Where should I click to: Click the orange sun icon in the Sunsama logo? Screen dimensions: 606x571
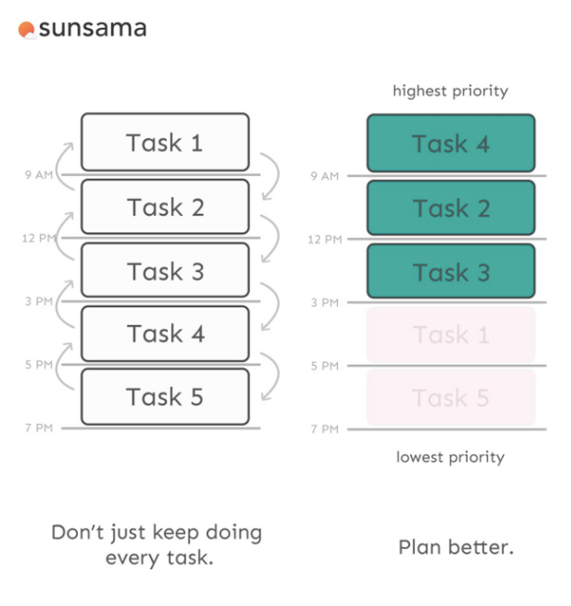click(26, 30)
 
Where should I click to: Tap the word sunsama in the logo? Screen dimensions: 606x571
click(93, 29)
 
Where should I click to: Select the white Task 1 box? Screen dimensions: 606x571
click(165, 142)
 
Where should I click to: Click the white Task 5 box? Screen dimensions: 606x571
click(165, 396)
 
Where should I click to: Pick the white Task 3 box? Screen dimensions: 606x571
click(165, 270)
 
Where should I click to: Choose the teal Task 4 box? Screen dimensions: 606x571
click(451, 143)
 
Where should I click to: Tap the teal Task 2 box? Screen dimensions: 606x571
click(451, 208)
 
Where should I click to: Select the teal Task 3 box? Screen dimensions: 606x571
click(451, 271)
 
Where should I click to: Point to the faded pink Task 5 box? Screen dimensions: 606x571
click(451, 398)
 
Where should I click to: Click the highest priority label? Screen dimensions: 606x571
click(450, 91)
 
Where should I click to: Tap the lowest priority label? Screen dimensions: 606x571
click(450, 458)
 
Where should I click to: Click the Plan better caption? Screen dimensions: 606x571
click(456, 547)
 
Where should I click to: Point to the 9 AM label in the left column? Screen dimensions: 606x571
click(39, 175)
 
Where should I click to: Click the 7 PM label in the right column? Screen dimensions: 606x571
click(325, 429)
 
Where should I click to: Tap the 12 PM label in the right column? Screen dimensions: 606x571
click(325, 239)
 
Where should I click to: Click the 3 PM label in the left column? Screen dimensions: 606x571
click(39, 301)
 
